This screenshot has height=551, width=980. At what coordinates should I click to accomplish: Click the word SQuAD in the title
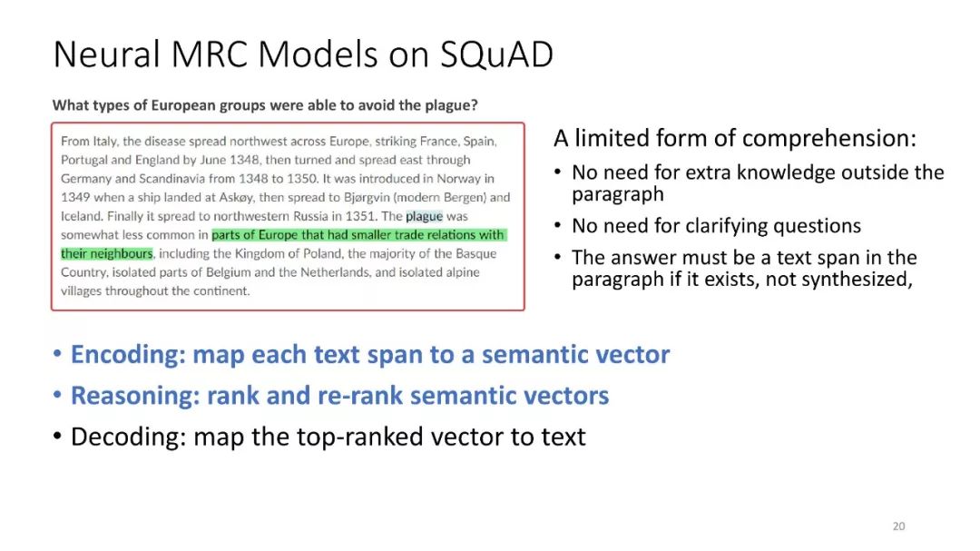496,54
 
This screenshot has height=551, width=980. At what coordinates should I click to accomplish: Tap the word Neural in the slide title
107,54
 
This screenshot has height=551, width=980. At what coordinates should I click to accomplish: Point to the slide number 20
898,526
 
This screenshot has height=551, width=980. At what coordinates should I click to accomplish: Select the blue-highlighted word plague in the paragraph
425,216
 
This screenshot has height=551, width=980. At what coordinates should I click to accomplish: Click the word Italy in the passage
105,142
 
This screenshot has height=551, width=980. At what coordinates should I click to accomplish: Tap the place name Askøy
236,198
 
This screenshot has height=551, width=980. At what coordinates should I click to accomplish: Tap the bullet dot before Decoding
57,437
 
